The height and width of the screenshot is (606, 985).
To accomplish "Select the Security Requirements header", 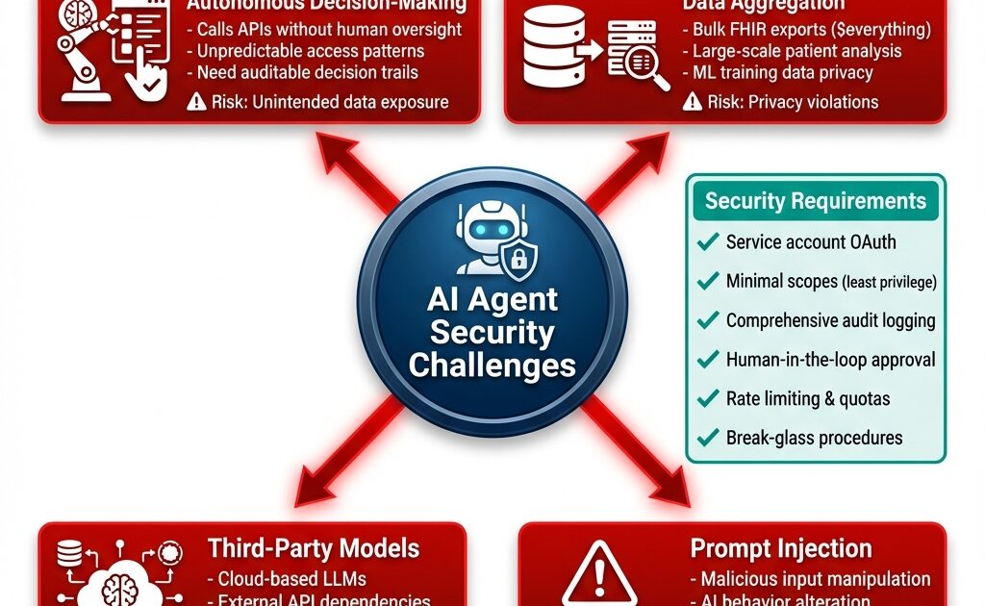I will click(815, 201).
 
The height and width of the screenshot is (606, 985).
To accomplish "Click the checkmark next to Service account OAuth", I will click(708, 241).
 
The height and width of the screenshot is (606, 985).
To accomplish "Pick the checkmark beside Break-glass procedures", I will click(708, 438).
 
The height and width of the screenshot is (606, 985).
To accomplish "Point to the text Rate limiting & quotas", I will click(807, 398).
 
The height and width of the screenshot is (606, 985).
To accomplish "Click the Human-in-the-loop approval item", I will click(830, 360).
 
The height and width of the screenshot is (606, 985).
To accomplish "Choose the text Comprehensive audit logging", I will click(830, 320).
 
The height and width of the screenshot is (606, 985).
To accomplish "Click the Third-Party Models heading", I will click(314, 549).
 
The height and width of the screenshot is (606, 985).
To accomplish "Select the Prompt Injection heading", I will click(781, 549).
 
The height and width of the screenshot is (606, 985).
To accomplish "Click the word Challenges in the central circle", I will click(492, 366).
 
